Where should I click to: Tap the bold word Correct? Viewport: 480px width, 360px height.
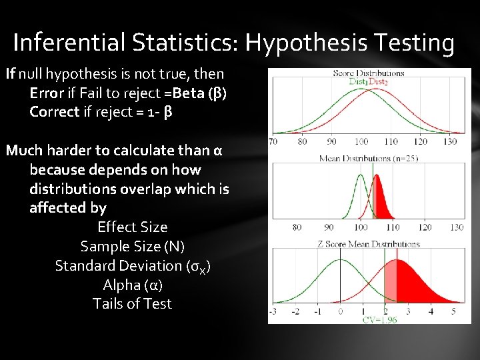(x=54, y=111)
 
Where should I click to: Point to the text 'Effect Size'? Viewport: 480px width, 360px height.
(x=133, y=227)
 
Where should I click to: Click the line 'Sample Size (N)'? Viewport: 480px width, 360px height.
(x=132, y=246)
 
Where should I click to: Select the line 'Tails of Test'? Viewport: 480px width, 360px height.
(x=132, y=304)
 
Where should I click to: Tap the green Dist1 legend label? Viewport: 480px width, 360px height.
(x=359, y=82)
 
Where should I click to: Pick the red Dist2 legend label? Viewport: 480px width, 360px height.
(x=378, y=82)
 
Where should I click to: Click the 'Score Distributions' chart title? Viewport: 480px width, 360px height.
(x=368, y=73)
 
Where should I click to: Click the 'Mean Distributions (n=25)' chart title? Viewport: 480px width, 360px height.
(x=369, y=158)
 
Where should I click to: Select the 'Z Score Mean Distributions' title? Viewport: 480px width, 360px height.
(x=369, y=244)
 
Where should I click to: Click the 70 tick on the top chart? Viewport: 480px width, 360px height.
(x=273, y=142)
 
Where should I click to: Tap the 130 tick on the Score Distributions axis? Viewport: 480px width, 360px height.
(x=450, y=142)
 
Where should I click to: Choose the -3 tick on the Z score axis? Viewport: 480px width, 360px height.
(x=273, y=311)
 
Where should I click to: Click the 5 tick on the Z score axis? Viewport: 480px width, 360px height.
(x=453, y=311)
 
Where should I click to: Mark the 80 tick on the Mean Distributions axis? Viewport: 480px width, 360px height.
(x=296, y=227)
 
